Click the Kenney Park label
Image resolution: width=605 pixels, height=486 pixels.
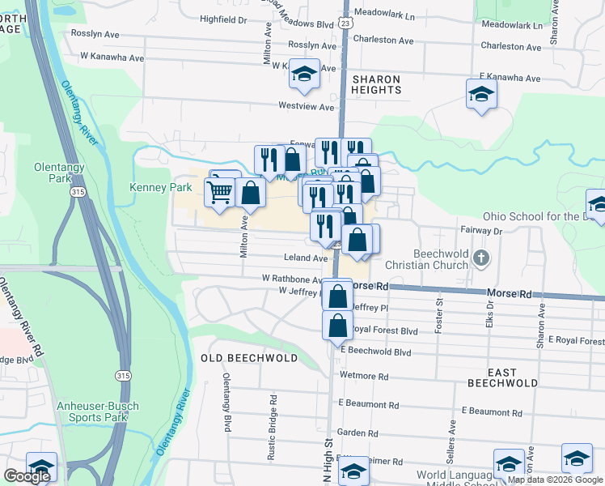click(161, 187)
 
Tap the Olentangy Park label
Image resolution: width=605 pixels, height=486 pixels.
click(54, 172)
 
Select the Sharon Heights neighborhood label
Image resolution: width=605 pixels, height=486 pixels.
click(376, 84)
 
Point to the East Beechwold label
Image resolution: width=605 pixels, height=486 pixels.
click(502, 377)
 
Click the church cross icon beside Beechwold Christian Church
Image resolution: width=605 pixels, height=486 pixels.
click(481, 259)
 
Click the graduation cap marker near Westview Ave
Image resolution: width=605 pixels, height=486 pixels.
click(304, 75)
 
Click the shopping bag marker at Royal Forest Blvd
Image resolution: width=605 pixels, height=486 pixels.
click(337, 326)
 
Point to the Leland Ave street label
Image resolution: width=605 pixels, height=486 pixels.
click(305, 258)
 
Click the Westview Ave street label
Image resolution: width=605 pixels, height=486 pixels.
click(306, 106)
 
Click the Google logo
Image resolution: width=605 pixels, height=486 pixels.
click(27, 476)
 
